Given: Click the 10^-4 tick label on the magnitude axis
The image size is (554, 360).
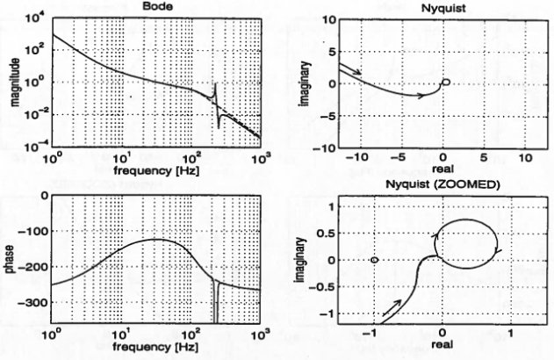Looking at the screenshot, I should click(x=34, y=147).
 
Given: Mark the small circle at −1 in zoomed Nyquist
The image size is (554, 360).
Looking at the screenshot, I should click(x=375, y=260).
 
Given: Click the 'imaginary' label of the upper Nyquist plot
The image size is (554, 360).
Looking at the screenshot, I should click(x=303, y=82).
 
